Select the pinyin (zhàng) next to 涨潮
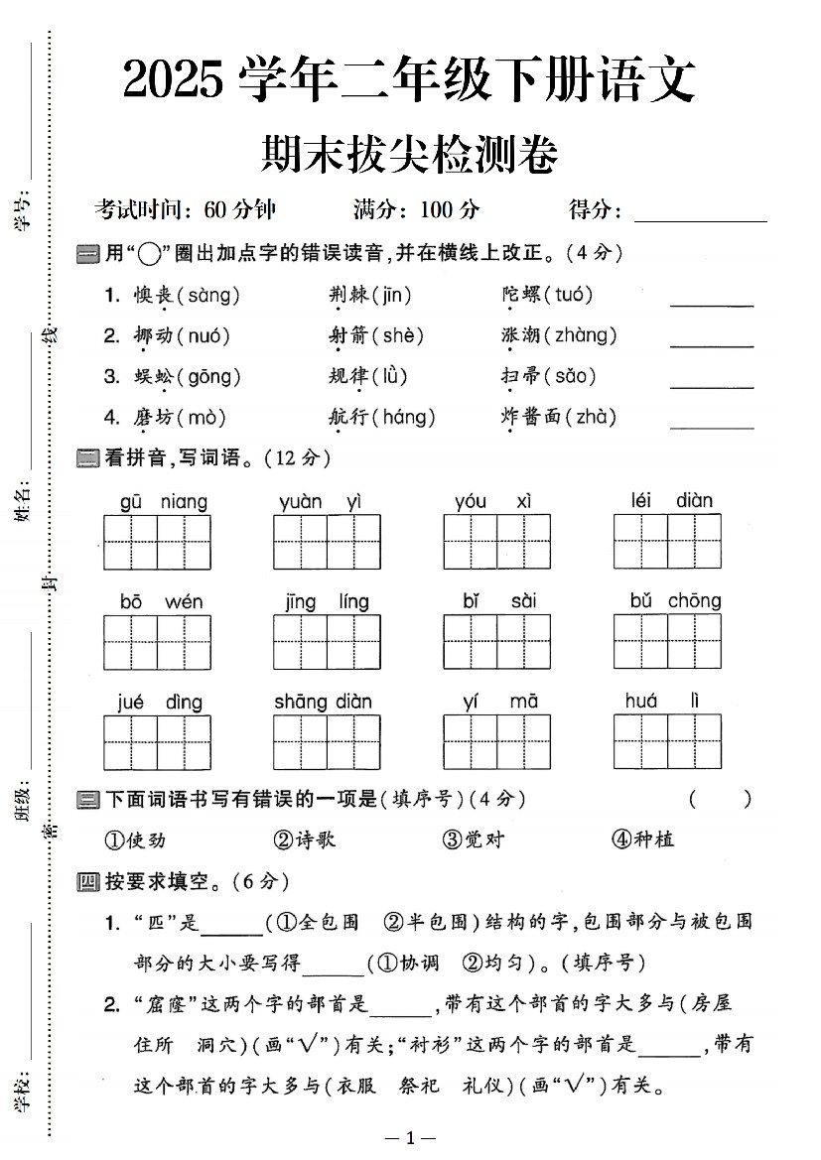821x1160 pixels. pyautogui.click(x=581, y=335)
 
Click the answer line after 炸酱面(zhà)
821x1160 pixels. pyautogui.click(x=712, y=427)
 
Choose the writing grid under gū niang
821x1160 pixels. pyautogui.click(x=157, y=542)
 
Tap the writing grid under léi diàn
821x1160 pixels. pyautogui.click(x=667, y=542)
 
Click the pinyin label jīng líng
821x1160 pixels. pyautogui.click(x=327, y=601)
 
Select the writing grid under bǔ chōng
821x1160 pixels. pyautogui.click(x=667, y=642)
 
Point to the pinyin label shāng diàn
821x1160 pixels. pyautogui.click(x=324, y=702)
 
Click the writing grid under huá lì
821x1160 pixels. pyautogui.click(x=667, y=742)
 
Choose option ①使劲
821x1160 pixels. pyautogui.click(x=135, y=839)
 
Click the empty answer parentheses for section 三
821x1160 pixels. pyautogui.click(x=719, y=799)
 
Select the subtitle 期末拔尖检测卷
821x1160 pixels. pyautogui.click(x=409, y=154)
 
